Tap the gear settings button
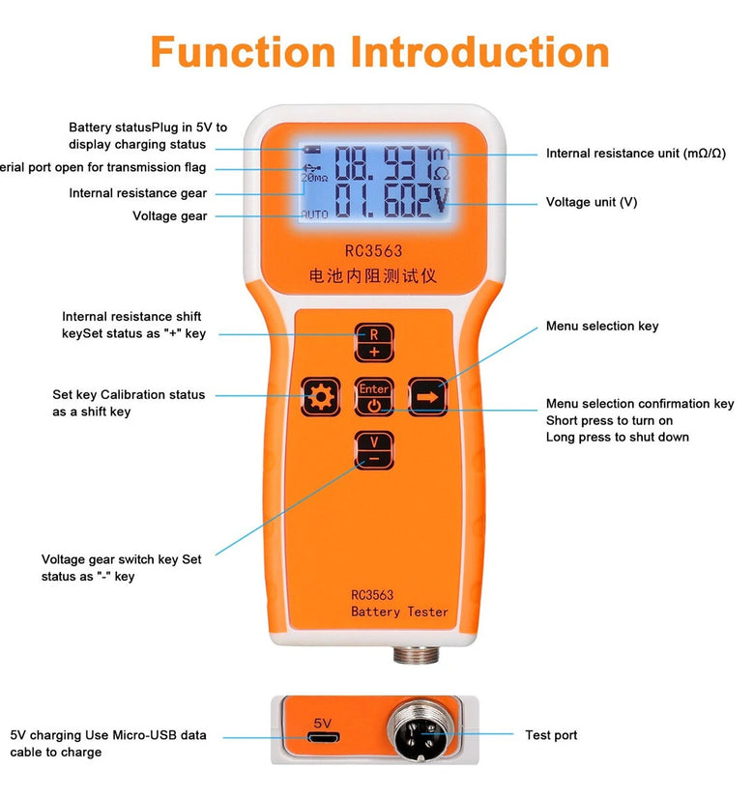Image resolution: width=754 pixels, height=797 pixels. (321, 396)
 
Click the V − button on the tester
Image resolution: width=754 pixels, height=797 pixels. (374, 450)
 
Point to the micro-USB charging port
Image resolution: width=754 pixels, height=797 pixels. (323, 739)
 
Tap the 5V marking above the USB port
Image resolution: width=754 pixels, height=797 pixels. (323, 722)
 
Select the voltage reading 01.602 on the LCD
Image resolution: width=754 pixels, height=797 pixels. (382, 203)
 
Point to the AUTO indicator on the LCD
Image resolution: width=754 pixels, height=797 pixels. (314, 213)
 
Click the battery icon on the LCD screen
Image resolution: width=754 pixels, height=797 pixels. (311, 150)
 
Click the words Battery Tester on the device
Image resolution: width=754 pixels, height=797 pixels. (399, 612)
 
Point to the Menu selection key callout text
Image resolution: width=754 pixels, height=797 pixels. (601, 327)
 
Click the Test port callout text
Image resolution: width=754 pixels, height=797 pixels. (551, 736)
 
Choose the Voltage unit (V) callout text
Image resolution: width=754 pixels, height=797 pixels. (592, 203)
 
